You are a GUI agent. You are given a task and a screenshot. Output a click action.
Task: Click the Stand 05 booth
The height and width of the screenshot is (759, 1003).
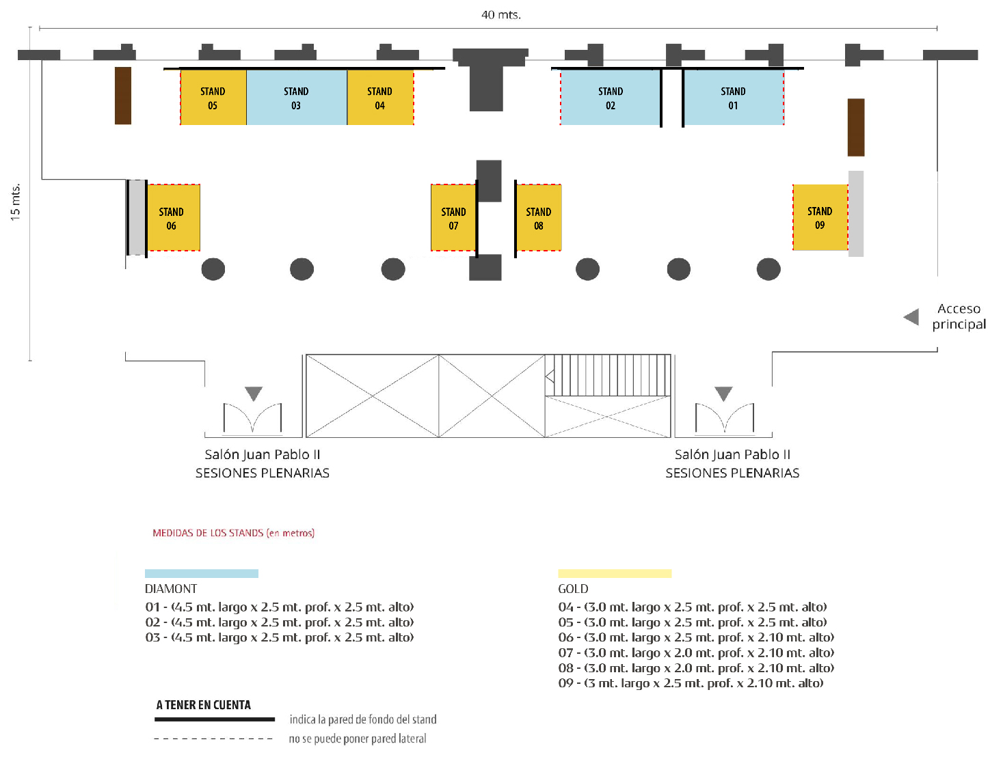[x=213, y=98]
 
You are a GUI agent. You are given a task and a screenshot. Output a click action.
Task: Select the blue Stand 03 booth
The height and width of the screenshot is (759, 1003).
[x=296, y=98]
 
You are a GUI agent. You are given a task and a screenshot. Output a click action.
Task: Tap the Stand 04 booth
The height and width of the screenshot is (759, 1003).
[x=380, y=98]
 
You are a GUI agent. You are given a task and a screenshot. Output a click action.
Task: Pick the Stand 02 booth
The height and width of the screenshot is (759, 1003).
[x=610, y=98]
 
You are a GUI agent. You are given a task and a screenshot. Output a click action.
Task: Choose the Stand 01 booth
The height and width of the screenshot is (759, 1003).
[x=733, y=98]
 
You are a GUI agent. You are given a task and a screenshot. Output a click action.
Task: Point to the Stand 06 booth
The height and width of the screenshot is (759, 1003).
[x=173, y=218]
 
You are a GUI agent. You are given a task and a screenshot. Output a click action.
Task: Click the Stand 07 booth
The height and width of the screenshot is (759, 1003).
[x=453, y=218]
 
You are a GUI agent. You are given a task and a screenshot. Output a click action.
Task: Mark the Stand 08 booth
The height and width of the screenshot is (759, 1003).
[x=539, y=218]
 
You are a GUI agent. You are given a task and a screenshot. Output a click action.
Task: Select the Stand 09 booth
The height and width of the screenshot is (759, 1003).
[x=820, y=217]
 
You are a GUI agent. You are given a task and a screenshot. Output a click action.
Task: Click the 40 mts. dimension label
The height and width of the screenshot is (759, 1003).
[x=501, y=14]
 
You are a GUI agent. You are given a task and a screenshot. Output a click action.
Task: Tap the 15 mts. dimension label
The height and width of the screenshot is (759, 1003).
[x=15, y=202]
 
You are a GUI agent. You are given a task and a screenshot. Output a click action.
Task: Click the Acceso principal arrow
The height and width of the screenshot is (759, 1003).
[x=911, y=317]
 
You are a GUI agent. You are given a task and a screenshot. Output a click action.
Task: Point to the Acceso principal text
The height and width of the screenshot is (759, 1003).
[x=959, y=316]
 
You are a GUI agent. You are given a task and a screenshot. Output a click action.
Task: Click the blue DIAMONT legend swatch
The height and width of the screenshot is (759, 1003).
[x=202, y=574]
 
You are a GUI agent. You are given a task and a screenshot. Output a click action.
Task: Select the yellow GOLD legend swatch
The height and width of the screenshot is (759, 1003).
[x=615, y=574]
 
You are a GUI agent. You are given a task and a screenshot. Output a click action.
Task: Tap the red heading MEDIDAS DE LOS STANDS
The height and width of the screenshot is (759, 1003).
[x=233, y=533]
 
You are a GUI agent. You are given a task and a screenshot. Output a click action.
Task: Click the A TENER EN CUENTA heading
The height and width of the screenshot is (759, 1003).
[x=203, y=705]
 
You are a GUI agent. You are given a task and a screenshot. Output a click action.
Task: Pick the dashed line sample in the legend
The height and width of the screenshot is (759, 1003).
[x=213, y=739]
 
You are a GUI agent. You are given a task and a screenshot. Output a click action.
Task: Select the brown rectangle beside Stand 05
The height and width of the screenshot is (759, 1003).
[x=123, y=96]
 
